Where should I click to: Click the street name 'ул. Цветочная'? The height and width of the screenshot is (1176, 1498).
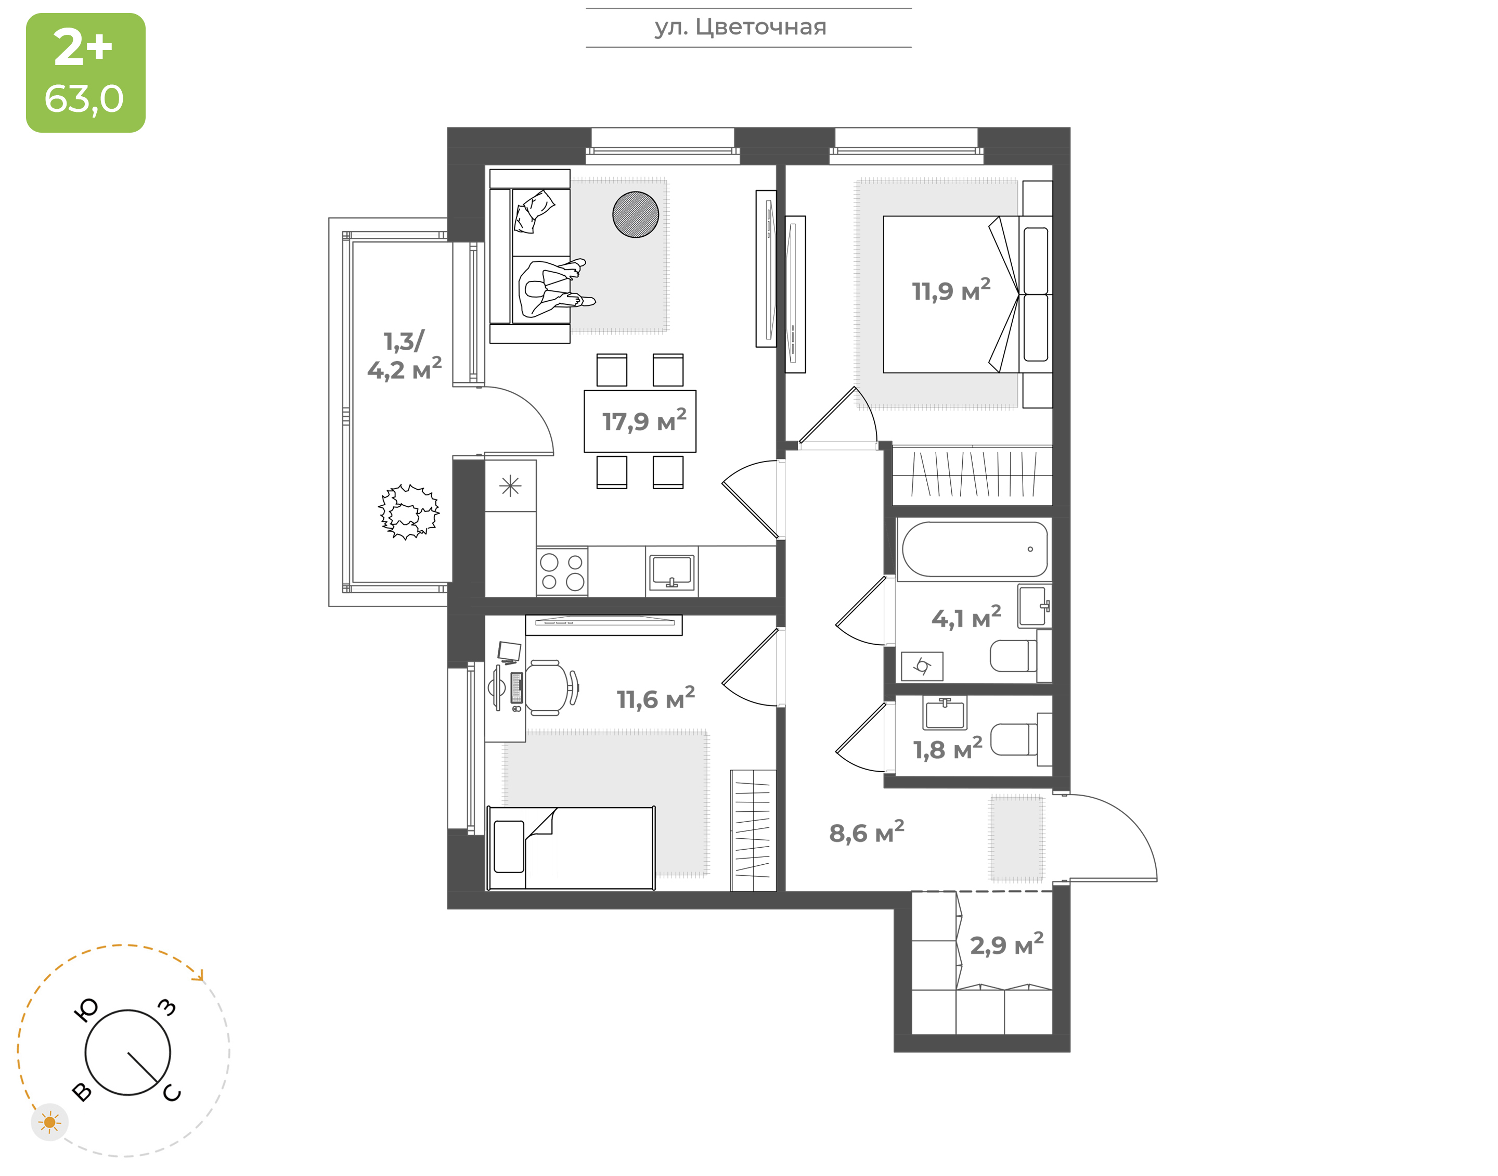(x=740, y=28)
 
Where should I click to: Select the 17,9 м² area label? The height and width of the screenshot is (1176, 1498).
(x=644, y=420)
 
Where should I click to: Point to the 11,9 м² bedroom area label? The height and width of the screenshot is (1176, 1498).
(x=951, y=290)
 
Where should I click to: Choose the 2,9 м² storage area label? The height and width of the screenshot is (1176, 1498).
(x=1006, y=944)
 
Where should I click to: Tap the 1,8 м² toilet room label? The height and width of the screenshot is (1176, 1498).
(x=947, y=748)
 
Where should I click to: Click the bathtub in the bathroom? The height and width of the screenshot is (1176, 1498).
(x=974, y=549)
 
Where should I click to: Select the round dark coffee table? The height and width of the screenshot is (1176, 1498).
(x=635, y=214)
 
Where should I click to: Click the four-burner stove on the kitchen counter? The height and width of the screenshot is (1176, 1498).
(x=562, y=571)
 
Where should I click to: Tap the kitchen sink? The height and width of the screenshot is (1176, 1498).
(x=671, y=571)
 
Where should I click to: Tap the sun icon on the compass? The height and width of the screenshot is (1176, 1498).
(x=49, y=1123)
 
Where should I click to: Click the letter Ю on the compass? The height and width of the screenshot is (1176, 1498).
(x=86, y=1010)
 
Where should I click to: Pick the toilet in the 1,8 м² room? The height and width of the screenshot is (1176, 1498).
(x=1021, y=739)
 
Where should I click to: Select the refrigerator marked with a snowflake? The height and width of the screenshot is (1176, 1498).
(x=510, y=486)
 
